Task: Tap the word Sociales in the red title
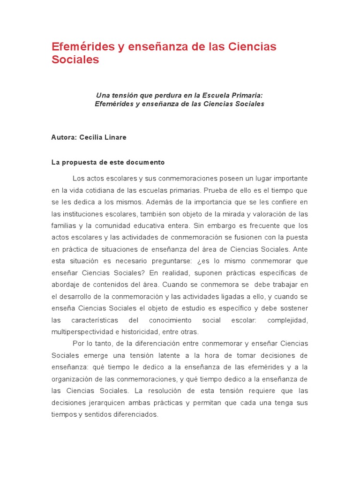pos(75,60)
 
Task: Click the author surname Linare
pos(115,138)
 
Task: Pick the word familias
pos(63,226)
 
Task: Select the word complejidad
pos(287,320)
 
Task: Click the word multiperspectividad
pos(82,332)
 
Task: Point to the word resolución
pos(168,390)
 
